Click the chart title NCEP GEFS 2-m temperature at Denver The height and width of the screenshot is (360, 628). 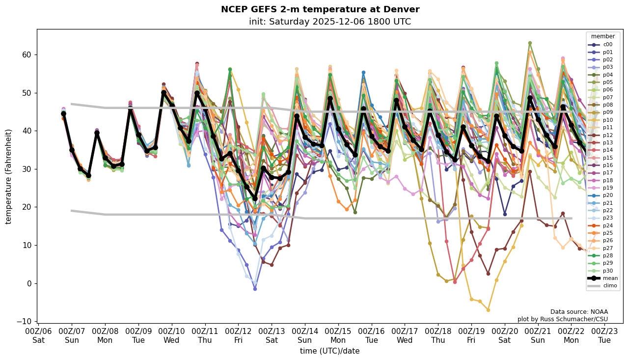coord(320,10)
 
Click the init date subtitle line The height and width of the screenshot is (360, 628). coord(330,22)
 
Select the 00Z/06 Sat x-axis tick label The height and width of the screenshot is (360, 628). coord(39,335)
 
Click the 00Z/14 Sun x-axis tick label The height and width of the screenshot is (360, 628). coord(305,335)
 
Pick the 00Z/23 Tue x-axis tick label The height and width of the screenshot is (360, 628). coord(604,335)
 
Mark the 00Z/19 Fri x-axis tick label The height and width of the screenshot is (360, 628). coord(471,335)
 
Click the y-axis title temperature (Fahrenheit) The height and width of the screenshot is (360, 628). coord(9,176)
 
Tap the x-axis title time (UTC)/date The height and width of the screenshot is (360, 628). coord(330,351)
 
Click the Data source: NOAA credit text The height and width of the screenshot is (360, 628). coord(579,312)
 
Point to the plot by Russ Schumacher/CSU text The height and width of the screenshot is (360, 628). coord(563,319)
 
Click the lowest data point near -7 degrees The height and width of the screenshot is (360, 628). coord(488,310)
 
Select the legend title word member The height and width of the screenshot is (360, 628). coord(603,36)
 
